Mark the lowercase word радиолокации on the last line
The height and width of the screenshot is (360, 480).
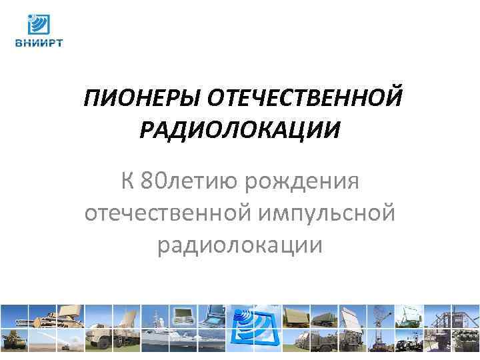point(240,245)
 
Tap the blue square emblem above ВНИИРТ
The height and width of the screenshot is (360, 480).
point(38,25)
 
